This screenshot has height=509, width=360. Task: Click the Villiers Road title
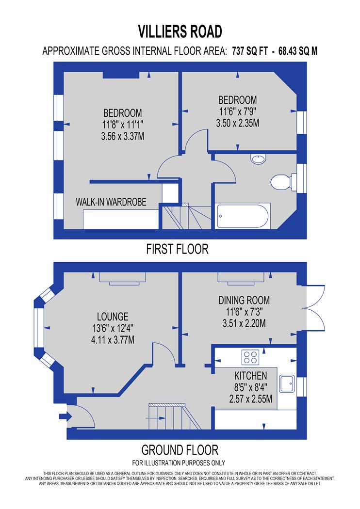click(180, 32)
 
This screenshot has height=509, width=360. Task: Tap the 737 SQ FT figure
click(250, 51)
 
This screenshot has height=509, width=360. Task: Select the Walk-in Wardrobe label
click(111, 202)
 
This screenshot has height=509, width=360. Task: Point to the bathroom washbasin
click(258, 158)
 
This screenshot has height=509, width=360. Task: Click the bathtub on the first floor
click(243, 216)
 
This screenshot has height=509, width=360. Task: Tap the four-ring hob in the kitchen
click(250, 357)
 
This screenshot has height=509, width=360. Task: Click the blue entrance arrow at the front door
click(65, 416)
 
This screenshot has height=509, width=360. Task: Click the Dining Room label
click(244, 300)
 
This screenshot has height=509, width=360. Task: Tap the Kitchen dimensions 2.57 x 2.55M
click(250, 399)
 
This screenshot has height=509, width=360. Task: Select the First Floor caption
click(177, 249)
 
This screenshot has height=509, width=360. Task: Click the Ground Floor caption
click(180, 450)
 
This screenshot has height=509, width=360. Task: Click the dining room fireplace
click(241, 278)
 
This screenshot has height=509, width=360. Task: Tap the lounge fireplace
click(122, 279)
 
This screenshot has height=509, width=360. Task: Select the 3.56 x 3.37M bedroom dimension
click(122, 136)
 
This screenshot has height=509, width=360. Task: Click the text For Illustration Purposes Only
click(179, 462)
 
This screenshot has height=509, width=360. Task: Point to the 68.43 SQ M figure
click(298, 51)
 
